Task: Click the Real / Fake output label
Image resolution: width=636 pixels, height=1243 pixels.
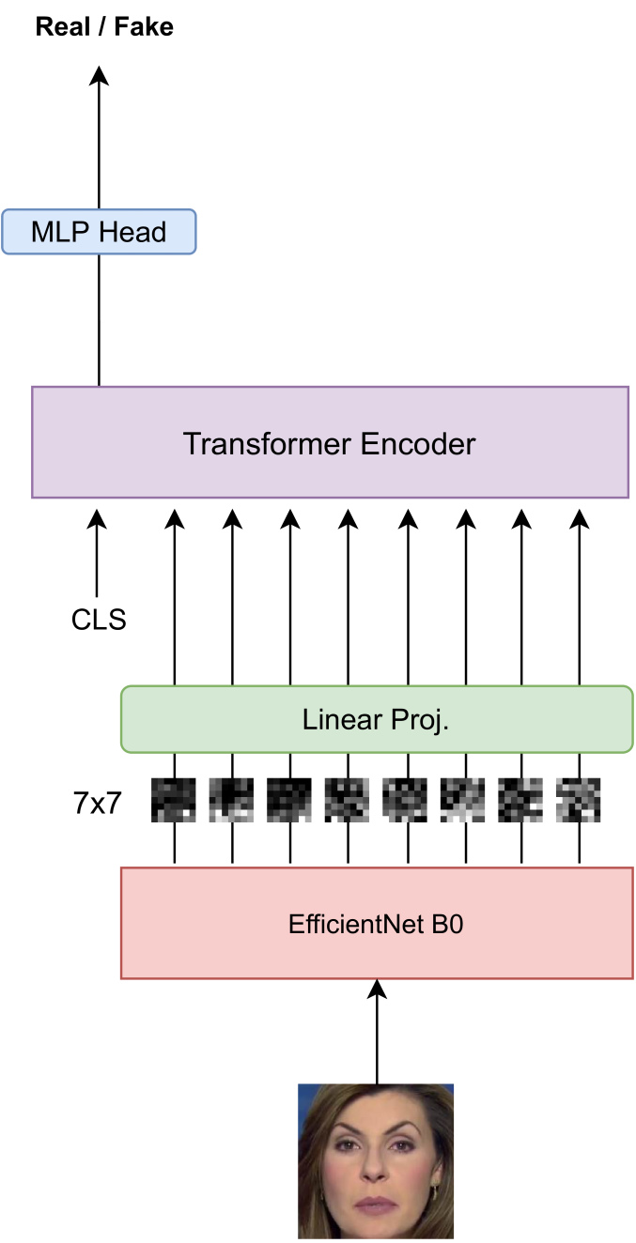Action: click(x=104, y=27)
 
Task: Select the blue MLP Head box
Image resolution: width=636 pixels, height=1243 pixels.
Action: click(x=99, y=232)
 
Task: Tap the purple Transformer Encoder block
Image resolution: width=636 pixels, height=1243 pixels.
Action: click(x=330, y=442)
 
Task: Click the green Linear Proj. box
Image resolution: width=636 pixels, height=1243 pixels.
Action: click(x=377, y=719)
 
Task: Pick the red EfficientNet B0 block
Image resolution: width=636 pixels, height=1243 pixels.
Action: click(x=377, y=923)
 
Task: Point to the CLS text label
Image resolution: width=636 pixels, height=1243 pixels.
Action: click(x=99, y=621)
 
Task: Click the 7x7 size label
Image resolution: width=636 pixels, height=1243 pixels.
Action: click(x=98, y=803)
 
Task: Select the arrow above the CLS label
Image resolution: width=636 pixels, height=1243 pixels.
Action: click(x=99, y=554)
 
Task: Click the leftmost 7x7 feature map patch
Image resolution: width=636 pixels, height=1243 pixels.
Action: click(x=174, y=799)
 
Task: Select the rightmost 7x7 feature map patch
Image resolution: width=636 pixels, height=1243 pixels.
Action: click(x=579, y=799)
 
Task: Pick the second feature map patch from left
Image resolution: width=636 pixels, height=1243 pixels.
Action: click(x=231, y=799)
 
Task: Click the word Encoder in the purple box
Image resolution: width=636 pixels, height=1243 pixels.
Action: click(x=416, y=443)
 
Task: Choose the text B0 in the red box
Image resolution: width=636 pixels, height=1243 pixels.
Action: click(x=447, y=924)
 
